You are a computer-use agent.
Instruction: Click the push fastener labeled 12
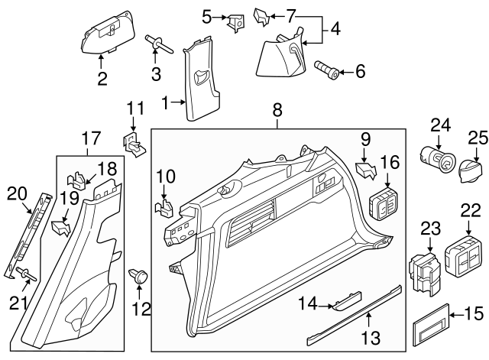140,276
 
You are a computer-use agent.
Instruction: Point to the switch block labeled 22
464,253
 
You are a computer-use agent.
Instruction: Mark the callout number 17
90,139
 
